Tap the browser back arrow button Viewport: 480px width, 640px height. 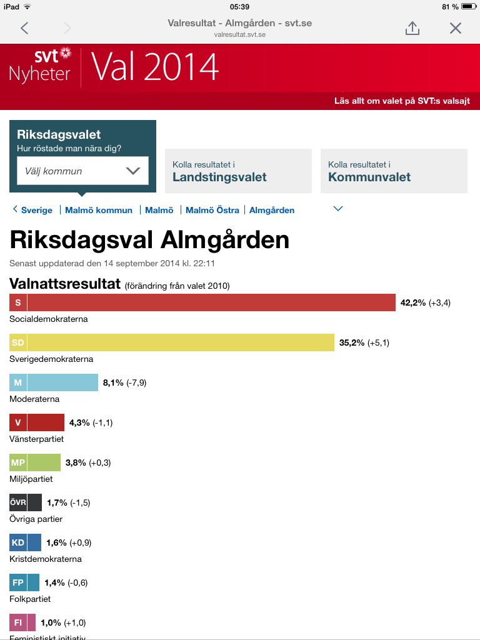click(x=24, y=28)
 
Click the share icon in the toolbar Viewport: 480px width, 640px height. click(x=412, y=28)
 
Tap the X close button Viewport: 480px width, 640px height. click(x=456, y=28)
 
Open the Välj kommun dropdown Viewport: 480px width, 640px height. click(x=82, y=171)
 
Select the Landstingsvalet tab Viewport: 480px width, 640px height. click(x=238, y=171)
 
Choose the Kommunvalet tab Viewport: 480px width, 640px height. click(x=394, y=171)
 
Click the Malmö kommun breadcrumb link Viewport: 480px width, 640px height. click(x=99, y=210)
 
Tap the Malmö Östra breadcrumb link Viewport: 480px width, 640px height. click(x=212, y=210)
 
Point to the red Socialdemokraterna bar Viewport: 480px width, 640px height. click(x=211, y=302)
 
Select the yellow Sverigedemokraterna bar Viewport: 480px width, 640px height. click(x=181, y=342)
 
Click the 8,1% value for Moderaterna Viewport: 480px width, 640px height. click(x=112, y=382)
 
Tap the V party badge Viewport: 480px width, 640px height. click(x=18, y=422)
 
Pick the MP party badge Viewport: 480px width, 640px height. click(x=18, y=462)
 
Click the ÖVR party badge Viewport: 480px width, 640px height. click(x=18, y=502)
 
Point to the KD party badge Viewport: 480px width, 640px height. click(x=18, y=542)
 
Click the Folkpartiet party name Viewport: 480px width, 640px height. click(x=30, y=599)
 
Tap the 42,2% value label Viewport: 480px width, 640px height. click(x=413, y=302)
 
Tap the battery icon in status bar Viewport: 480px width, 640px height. click(x=469, y=6)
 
